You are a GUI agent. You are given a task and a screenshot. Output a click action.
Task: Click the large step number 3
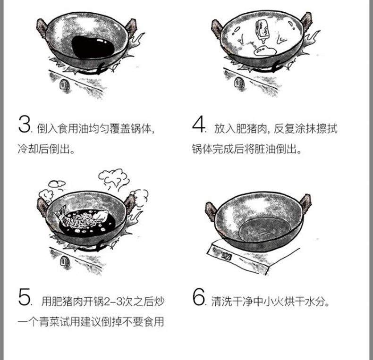pos(24,124)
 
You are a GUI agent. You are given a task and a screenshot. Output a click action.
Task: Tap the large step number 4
pos(198,124)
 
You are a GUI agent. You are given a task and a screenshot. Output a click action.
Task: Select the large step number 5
pos(24,297)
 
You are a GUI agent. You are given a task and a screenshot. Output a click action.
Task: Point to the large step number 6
pos(199,297)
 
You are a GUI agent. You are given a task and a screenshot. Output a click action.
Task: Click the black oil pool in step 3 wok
pos(93,47)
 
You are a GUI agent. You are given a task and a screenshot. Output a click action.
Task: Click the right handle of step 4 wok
pos(306,21)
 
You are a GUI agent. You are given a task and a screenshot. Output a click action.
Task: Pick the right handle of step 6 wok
pos(305,203)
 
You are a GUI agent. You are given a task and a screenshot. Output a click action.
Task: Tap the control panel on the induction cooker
pos(226,256)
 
